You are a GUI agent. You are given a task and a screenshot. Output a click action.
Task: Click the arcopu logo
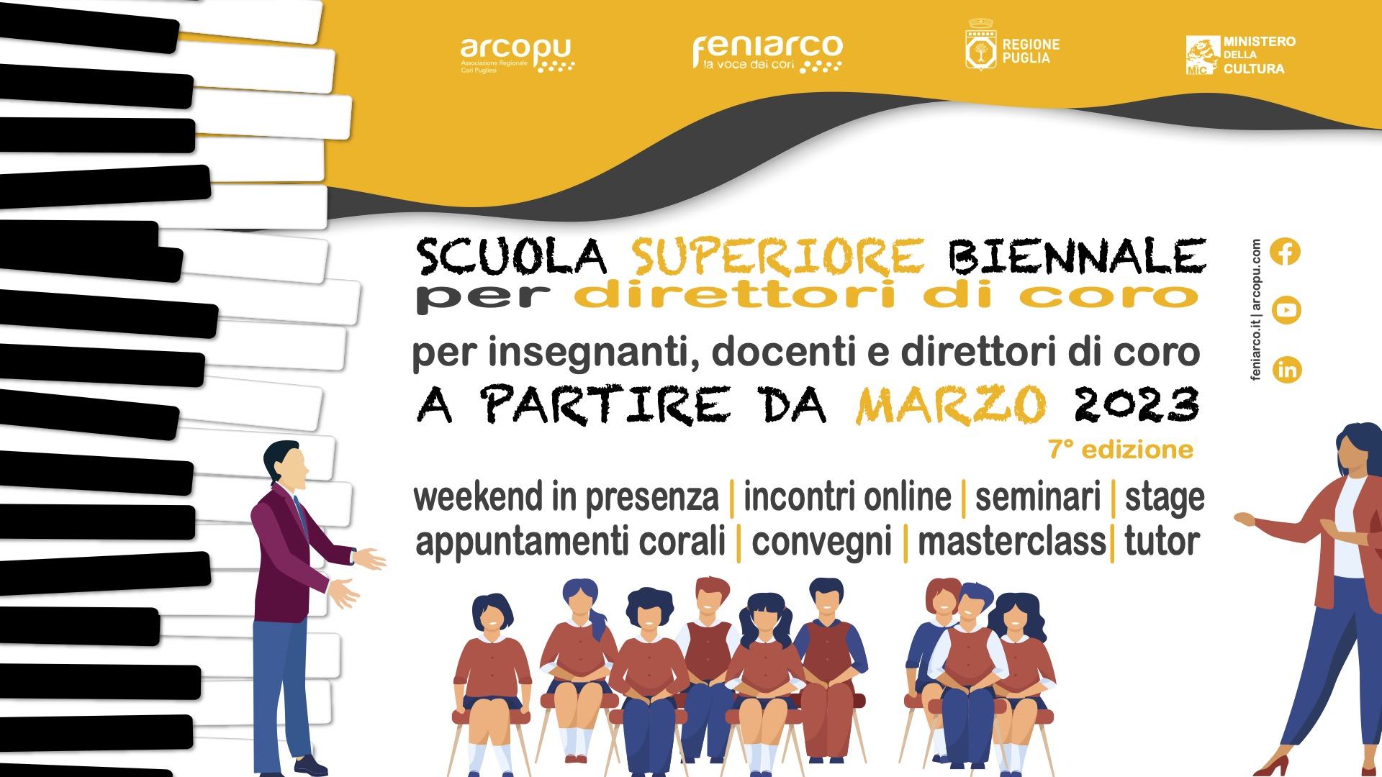point(517,55)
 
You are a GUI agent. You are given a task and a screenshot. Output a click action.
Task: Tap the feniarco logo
point(767,53)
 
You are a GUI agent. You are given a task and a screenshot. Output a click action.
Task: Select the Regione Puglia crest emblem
point(980,44)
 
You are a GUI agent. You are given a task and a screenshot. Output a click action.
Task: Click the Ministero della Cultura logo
point(1240,55)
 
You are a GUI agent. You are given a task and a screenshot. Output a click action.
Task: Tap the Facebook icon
point(1286,252)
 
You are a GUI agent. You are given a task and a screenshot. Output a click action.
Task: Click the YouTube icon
point(1286,310)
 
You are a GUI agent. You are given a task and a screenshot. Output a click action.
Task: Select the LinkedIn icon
point(1286,370)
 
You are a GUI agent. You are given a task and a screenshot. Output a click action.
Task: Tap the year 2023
point(1137,404)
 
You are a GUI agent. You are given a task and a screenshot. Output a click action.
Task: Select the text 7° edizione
point(1121,450)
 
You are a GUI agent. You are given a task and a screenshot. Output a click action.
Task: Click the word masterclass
point(1011,542)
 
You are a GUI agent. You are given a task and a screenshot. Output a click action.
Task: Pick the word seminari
point(1038,497)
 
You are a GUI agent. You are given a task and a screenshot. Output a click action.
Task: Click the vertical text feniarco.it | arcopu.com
point(1256,310)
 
